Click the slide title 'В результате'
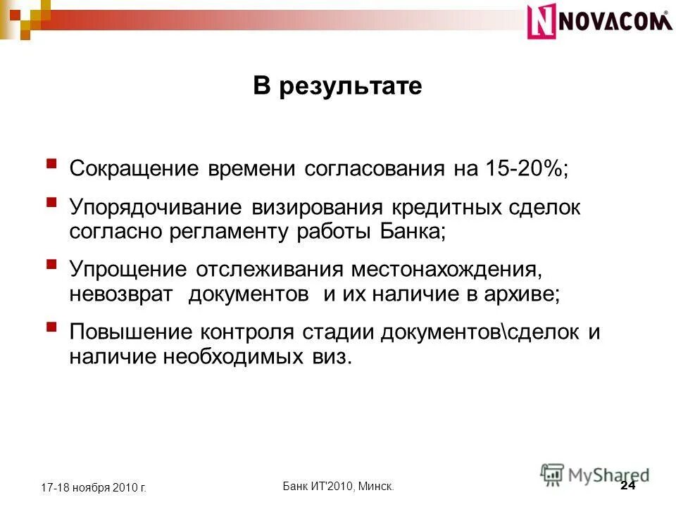tap(337, 87)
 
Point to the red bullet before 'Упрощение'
tap(51, 265)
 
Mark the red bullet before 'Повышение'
tap(51, 327)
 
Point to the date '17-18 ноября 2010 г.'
tap(93, 487)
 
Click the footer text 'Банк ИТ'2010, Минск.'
tap(338, 486)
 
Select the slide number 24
tap(628, 487)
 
